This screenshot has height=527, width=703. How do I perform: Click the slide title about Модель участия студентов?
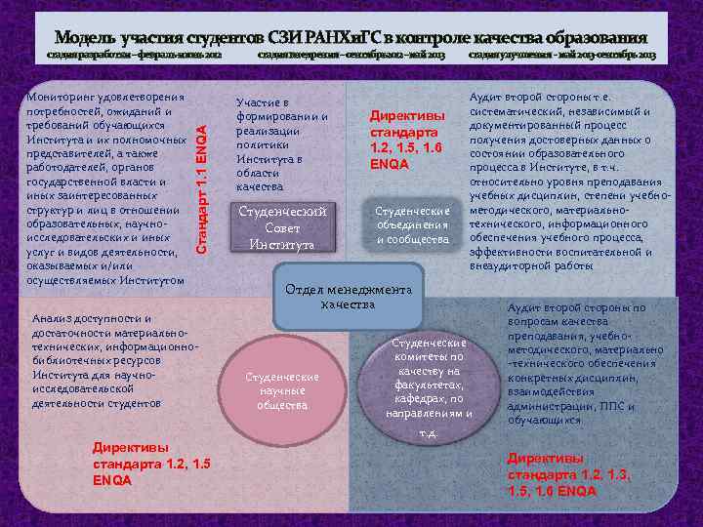coord(351,37)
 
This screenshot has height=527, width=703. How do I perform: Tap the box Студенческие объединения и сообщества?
coord(413,225)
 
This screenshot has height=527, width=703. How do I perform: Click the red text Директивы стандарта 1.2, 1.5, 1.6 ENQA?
coord(409,141)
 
